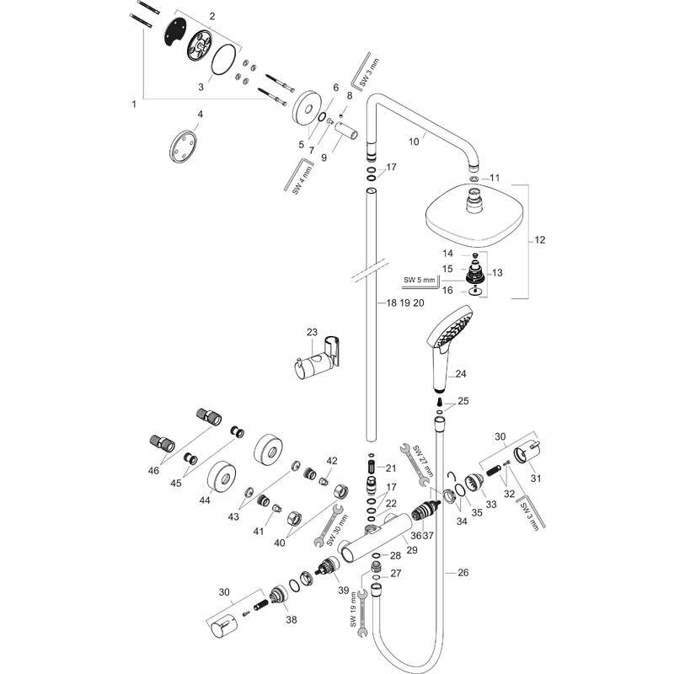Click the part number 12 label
(x=539, y=240)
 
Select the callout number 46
(x=153, y=471)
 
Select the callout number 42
(x=332, y=460)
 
